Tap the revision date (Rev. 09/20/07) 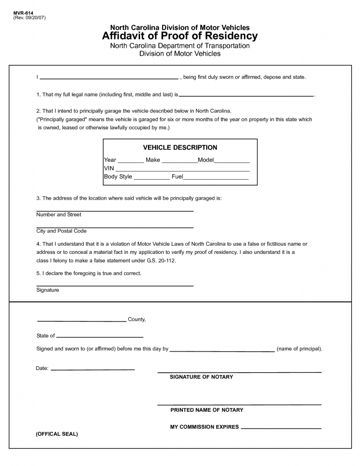pyautogui.click(x=30, y=18)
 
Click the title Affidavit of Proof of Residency pyautogui.click(x=180, y=36)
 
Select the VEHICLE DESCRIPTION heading pyautogui.click(x=180, y=147)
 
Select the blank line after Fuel pyautogui.click(x=215, y=178)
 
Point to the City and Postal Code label pyautogui.click(x=61, y=231)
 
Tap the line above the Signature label pyautogui.click(x=115, y=286)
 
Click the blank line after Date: pyautogui.click(x=92, y=370)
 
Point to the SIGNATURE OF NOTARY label pyautogui.click(x=201, y=377)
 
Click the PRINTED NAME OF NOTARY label pyautogui.click(x=207, y=410)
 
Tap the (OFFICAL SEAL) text pyautogui.click(x=57, y=434)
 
